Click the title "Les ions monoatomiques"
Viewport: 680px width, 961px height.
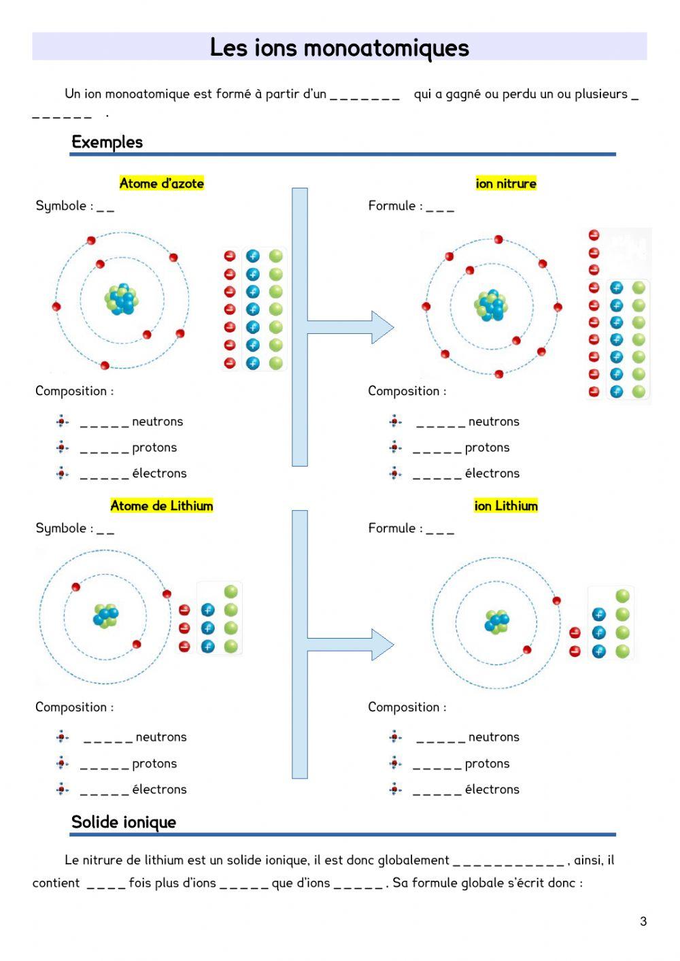pos(339,48)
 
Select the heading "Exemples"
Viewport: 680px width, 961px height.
pos(107,142)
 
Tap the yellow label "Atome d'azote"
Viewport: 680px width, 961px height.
pos(162,183)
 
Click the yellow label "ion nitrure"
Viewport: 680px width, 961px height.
pos(506,183)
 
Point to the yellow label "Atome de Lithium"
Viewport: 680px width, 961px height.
pos(162,505)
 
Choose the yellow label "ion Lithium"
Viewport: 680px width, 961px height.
pos(506,505)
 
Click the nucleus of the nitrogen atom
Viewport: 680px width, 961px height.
pos(122,299)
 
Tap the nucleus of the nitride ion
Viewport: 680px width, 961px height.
pos(491,306)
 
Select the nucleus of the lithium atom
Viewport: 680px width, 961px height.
pos(105,616)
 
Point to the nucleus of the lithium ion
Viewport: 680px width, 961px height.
pos(497,622)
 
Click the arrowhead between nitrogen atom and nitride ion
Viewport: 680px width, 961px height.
pos(382,327)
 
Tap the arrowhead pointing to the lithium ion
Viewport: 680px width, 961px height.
pos(382,644)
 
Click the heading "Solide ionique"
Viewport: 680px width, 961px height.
pos(124,822)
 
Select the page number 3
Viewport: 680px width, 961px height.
pos(643,922)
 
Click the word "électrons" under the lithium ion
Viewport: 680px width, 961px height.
pos(492,789)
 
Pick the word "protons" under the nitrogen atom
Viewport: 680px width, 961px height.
pos(154,447)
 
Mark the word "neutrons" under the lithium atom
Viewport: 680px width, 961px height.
pos(161,737)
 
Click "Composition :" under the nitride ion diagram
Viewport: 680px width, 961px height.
pos(407,390)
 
